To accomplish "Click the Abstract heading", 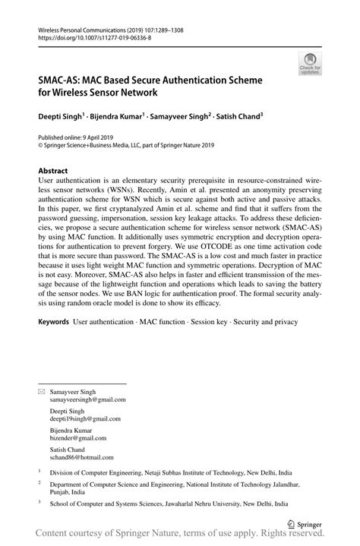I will click(52, 171).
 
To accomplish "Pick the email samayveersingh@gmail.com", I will click(87, 399).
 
